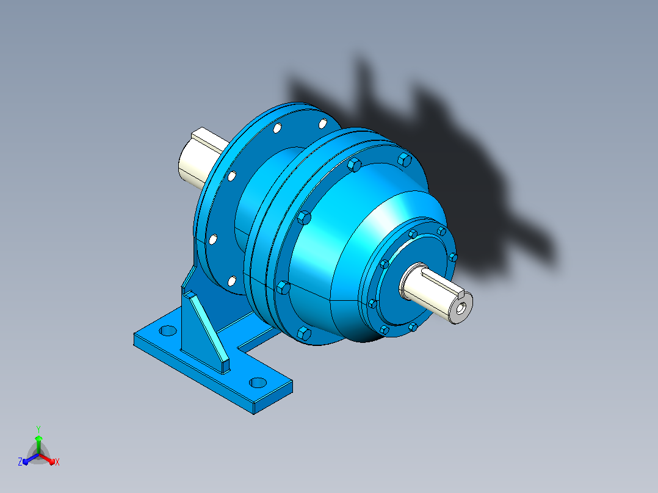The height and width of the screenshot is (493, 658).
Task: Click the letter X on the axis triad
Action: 57,462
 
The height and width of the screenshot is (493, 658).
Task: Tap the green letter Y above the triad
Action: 38,429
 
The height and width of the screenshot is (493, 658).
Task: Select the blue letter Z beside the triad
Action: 20,461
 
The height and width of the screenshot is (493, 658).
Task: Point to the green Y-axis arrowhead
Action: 38,439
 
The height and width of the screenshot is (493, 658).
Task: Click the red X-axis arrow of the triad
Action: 47,458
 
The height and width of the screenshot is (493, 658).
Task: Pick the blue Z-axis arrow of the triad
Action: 31,459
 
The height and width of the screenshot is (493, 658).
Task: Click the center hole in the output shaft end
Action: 461,309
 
